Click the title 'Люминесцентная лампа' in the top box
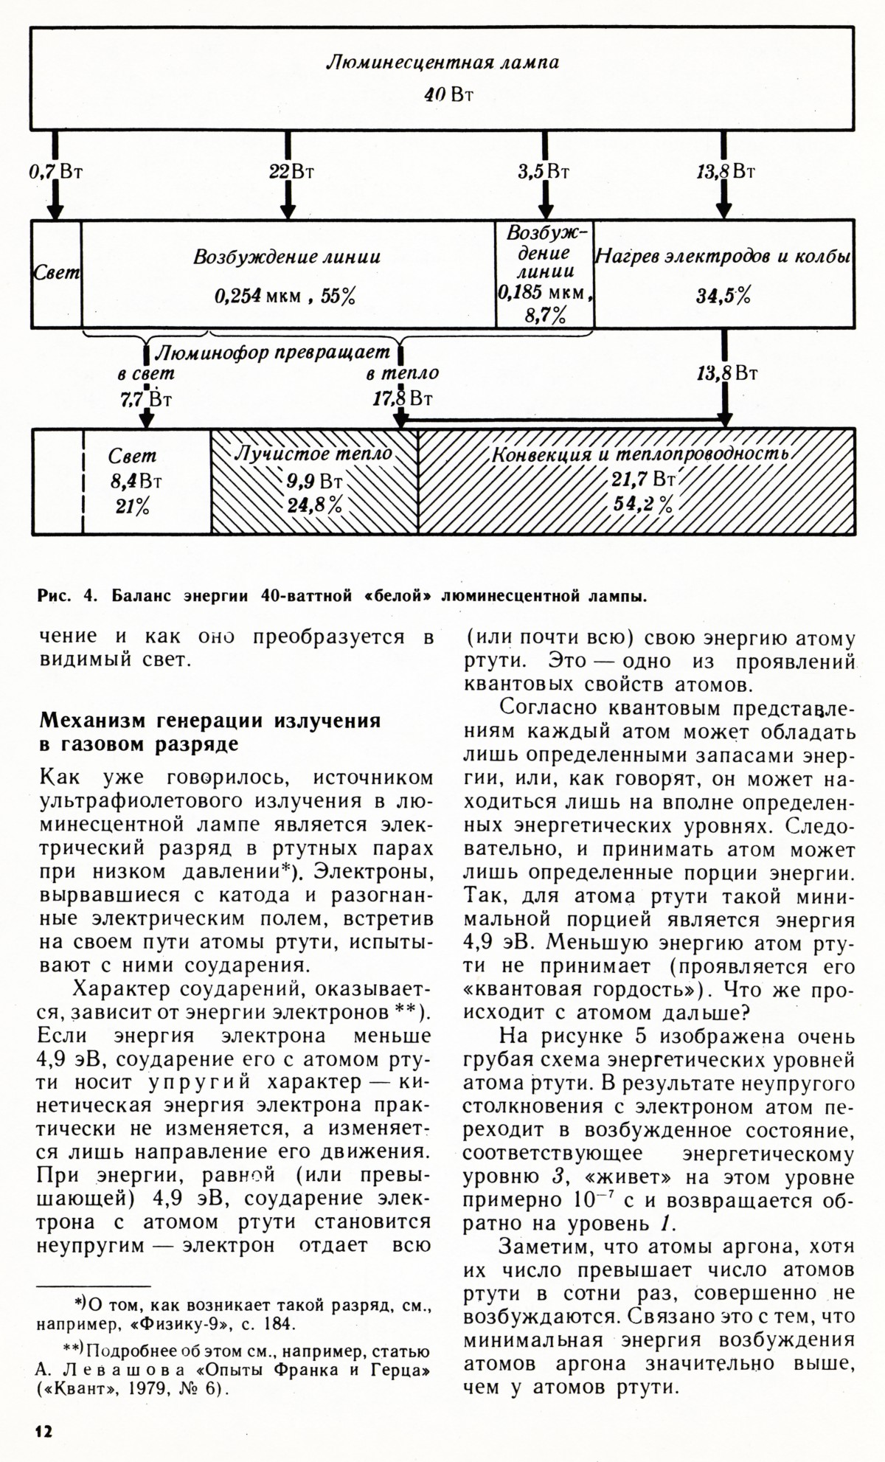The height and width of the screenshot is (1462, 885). click(x=442, y=62)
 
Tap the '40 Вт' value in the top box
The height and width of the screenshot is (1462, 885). click(x=448, y=95)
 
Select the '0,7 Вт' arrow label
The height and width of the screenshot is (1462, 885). click(x=55, y=173)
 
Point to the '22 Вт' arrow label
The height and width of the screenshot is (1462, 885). click(x=291, y=173)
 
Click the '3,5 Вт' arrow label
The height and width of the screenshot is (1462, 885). click(x=543, y=173)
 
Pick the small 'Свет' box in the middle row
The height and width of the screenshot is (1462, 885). click(x=57, y=273)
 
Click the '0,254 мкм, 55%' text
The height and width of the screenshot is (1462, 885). click(x=285, y=297)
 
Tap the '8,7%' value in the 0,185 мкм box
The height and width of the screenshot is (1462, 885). click(x=545, y=316)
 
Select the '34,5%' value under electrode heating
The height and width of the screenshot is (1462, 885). click(x=723, y=297)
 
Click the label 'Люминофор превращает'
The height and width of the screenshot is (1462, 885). click(x=272, y=353)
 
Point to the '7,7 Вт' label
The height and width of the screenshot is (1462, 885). click(x=146, y=399)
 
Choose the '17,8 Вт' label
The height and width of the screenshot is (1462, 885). click(x=403, y=399)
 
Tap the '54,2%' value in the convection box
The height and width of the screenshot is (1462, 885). click(x=643, y=505)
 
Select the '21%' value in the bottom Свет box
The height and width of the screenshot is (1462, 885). click(x=132, y=507)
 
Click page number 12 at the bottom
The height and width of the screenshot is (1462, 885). click(x=44, y=1430)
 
